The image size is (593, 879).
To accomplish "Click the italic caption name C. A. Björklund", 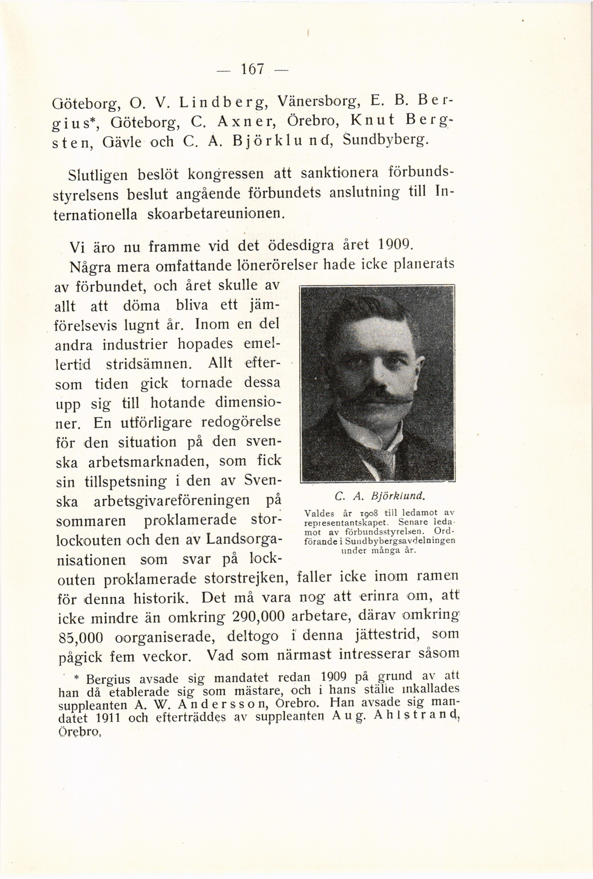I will click(x=376, y=495).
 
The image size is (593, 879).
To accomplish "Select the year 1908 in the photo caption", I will click(x=367, y=513).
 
